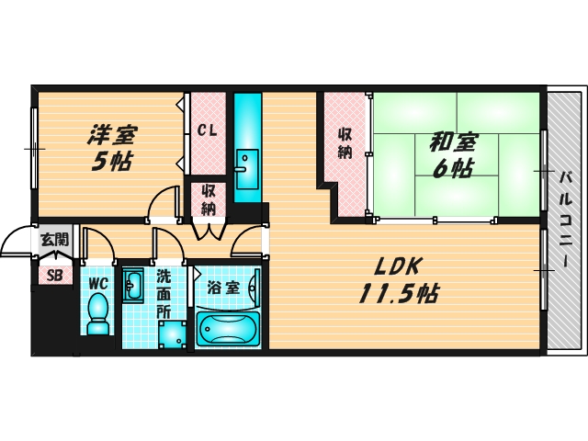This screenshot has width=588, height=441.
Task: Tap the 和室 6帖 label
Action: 451,154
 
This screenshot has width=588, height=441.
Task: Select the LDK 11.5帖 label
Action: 397,280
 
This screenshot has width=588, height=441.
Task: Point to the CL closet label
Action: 208,130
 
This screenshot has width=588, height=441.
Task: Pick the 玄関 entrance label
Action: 53,240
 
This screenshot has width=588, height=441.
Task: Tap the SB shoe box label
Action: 54,275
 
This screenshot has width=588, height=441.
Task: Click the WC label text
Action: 98,284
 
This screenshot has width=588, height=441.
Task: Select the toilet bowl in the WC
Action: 96,317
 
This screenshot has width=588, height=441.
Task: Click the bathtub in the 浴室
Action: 228,329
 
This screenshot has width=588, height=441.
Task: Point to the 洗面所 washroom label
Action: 164,292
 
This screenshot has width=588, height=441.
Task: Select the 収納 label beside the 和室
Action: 345,142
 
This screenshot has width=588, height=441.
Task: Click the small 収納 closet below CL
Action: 209,198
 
